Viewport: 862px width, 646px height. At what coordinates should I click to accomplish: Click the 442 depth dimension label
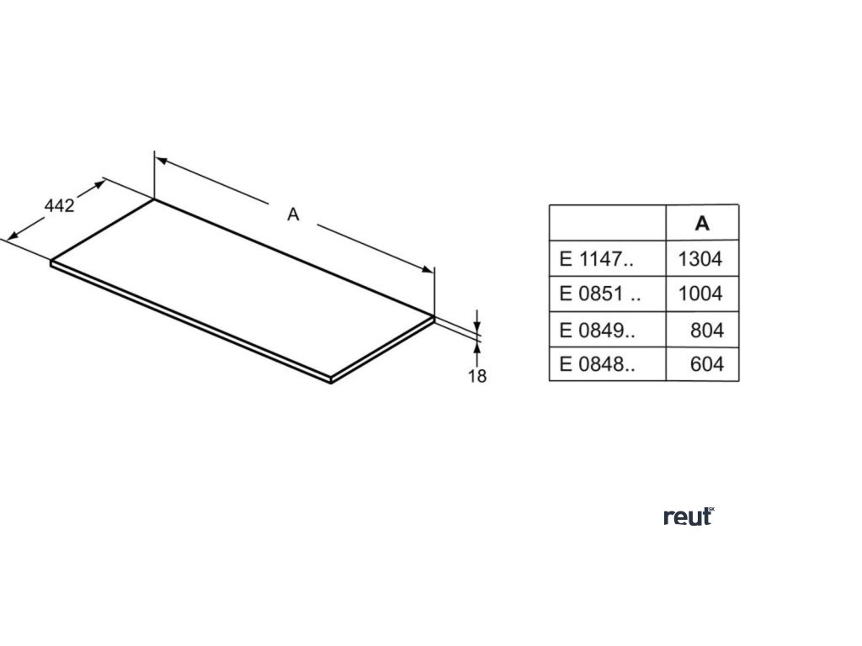tap(60, 206)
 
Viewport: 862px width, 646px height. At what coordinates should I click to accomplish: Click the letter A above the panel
tap(293, 214)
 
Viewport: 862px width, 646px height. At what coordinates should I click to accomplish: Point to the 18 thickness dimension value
tap(477, 376)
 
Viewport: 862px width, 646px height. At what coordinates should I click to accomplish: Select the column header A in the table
tap(702, 224)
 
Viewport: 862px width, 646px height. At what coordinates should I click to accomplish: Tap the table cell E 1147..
tap(596, 259)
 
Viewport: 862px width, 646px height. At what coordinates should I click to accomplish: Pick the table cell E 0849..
tap(596, 331)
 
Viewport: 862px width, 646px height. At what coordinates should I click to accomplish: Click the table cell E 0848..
tap(596, 366)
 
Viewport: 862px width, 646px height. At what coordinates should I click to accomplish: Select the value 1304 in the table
tap(700, 259)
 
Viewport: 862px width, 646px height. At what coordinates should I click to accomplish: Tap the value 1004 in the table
tap(700, 294)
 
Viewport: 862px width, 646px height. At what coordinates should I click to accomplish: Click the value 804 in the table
tap(705, 331)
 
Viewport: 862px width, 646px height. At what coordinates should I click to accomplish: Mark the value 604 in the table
tap(705, 366)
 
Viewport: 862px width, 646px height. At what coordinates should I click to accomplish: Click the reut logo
tap(689, 516)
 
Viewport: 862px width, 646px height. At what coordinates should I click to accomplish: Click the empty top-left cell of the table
tap(607, 224)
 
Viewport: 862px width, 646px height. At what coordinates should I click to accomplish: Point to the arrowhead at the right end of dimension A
tap(429, 269)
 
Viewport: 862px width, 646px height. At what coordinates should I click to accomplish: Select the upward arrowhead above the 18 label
tap(477, 345)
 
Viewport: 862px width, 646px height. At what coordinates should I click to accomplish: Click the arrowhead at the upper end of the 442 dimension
tap(101, 182)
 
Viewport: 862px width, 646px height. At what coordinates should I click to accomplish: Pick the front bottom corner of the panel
tap(331, 381)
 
